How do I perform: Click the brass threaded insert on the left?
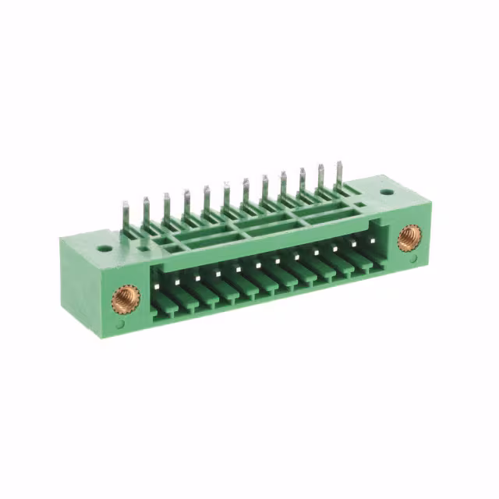[x=124, y=298]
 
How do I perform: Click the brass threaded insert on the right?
[x=409, y=237]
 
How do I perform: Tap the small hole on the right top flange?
[x=386, y=191]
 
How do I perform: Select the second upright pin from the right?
[x=320, y=179]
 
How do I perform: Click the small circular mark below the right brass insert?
[x=413, y=260]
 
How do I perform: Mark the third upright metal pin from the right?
[x=302, y=182]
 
